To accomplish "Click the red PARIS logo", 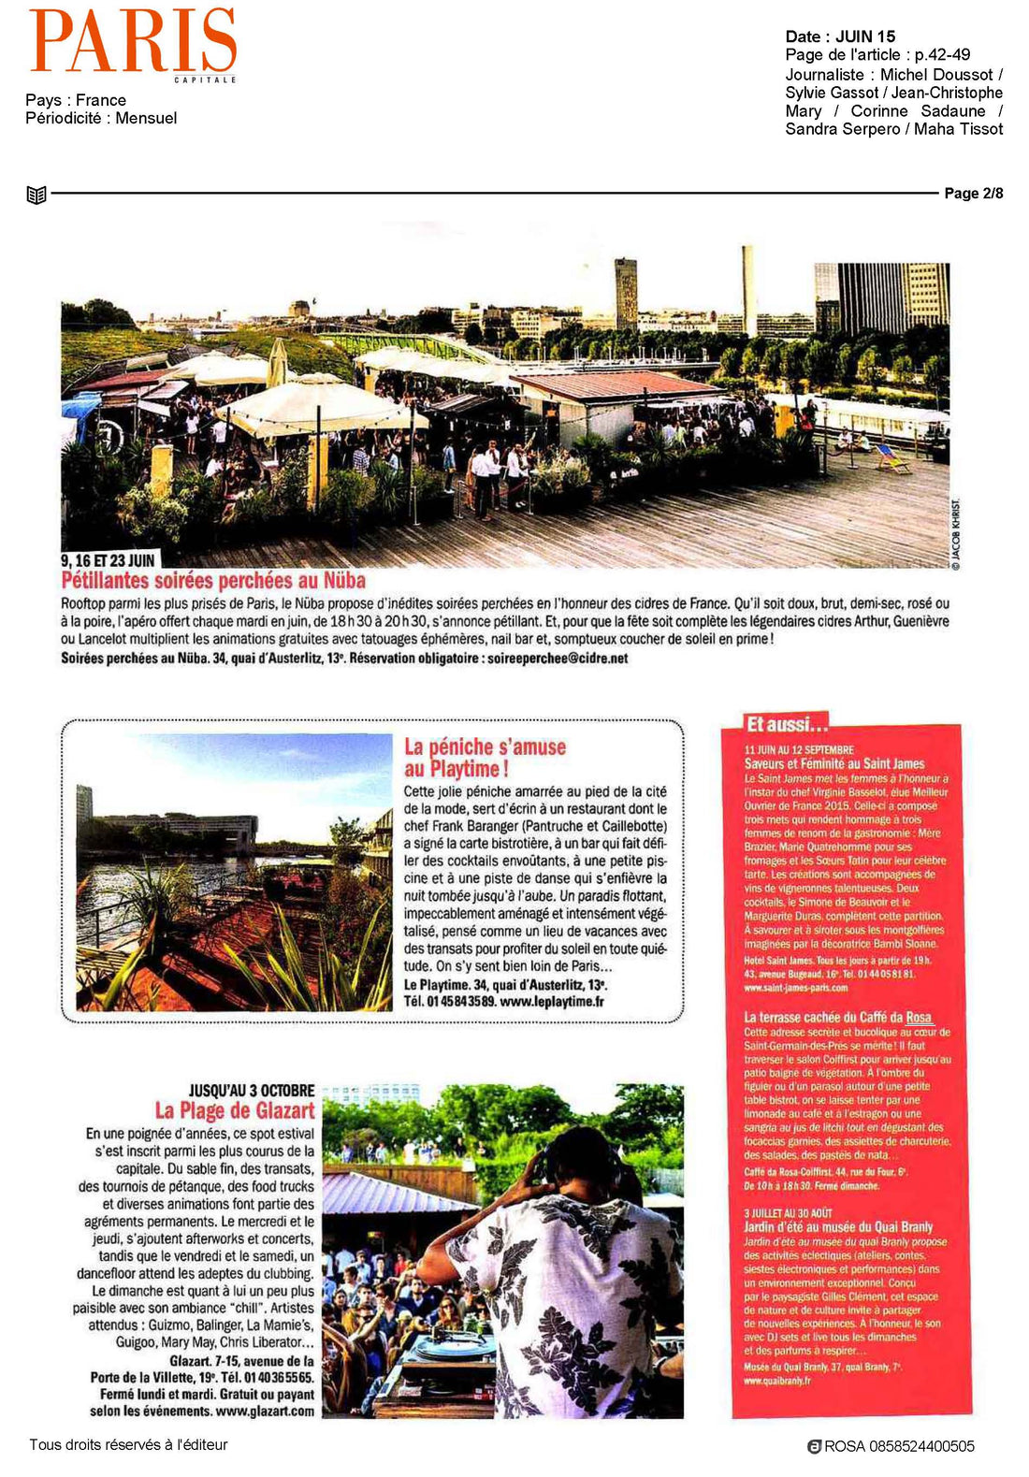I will click(x=132, y=41).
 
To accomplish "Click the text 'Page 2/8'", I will click(x=973, y=194).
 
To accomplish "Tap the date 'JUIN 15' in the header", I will click(x=865, y=36).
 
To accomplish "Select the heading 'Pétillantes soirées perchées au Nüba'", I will click(x=213, y=581).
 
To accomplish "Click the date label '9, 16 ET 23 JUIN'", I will click(x=109, y=560).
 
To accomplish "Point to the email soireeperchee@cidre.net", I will click(x=558, y=659).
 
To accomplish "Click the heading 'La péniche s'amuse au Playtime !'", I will click(x=485, y=758).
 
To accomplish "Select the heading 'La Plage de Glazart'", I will click(x=235, y=1111).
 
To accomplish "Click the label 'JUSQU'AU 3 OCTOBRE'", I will click(x=252, y=1091).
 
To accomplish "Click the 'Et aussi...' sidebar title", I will click(x=787, y=724).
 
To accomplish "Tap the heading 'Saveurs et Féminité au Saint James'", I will click(x=833, y=764).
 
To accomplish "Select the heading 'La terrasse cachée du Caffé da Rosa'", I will click(x=837, y=1018).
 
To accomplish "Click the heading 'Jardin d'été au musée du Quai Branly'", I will click(x=837, y=1227).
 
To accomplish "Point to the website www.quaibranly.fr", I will click(x=776, y=1381).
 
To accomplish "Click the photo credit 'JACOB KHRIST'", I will click(x=956, y=533).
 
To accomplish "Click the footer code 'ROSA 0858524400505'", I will click(x=899, y=1446).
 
